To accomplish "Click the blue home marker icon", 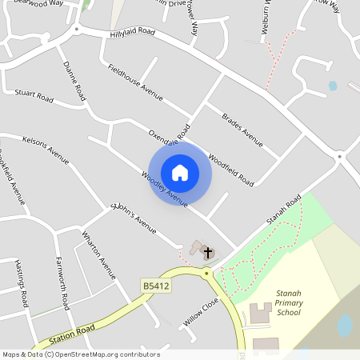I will point(180,173).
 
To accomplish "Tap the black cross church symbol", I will point(208,253).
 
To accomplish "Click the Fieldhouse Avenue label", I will point(135,82).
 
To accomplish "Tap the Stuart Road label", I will point(34,98).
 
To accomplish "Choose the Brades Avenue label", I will point(242,130).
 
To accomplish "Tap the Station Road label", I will point(71,331).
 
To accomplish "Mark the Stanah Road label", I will point(284,209).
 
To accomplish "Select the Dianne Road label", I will point(74,80).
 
